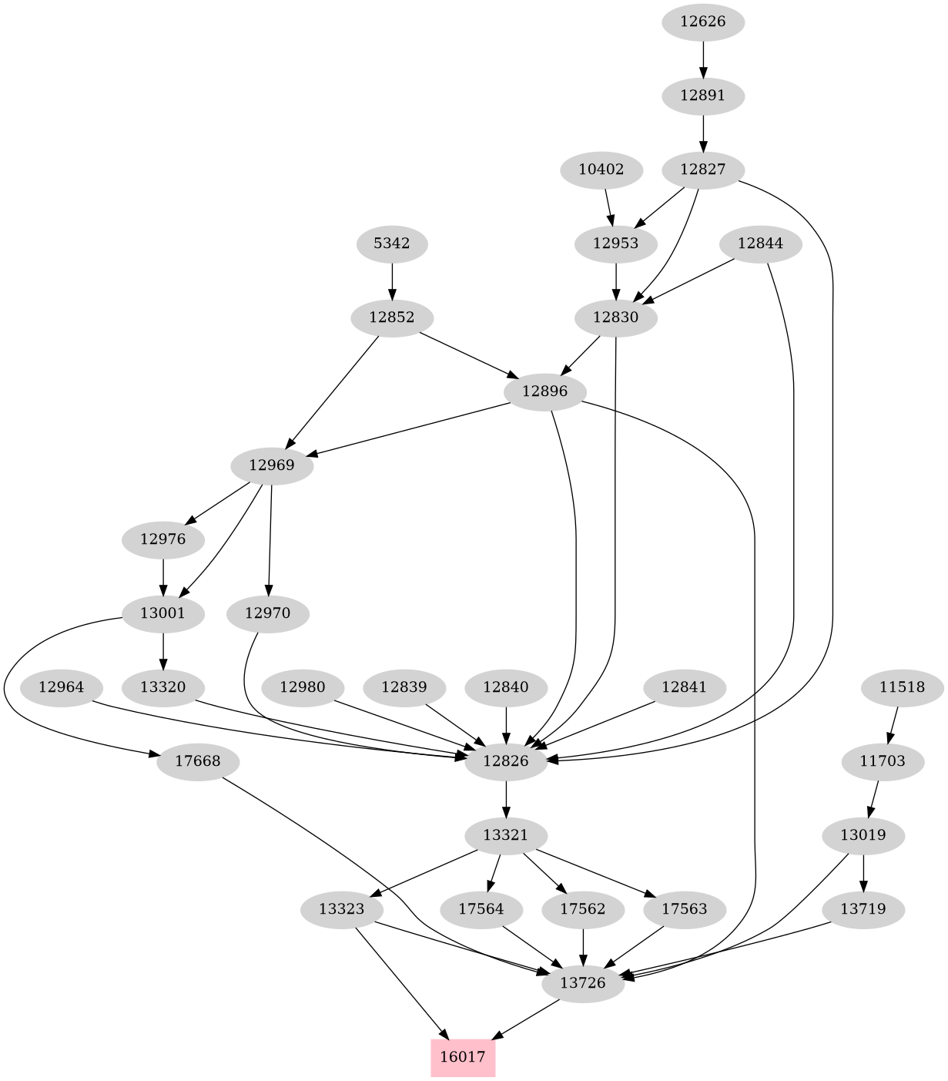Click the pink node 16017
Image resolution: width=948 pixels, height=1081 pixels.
point(462,1056)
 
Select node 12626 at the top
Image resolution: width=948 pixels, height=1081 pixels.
point(703,22)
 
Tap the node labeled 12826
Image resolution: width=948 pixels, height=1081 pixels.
point(506,761)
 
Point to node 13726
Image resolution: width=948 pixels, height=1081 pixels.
point(583,983)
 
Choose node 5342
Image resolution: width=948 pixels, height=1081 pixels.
point(392,243)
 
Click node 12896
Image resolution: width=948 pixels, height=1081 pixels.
point(544,391)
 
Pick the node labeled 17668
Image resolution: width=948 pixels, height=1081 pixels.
point(198,761)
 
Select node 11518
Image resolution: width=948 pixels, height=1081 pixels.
point(902,687)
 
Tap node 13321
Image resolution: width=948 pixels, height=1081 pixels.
point(506,835)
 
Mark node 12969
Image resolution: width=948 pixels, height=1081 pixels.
point(272,465)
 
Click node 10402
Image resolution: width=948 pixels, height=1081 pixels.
point(601,170)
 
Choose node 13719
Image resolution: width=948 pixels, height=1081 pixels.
point(863,909)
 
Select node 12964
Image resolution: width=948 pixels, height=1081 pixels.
point(61,687)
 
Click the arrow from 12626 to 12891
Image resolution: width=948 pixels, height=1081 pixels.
point(703,59)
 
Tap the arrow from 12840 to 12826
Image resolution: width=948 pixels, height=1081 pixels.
point(506,723)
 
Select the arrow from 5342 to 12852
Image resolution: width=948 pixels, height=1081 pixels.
point(392,280)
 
